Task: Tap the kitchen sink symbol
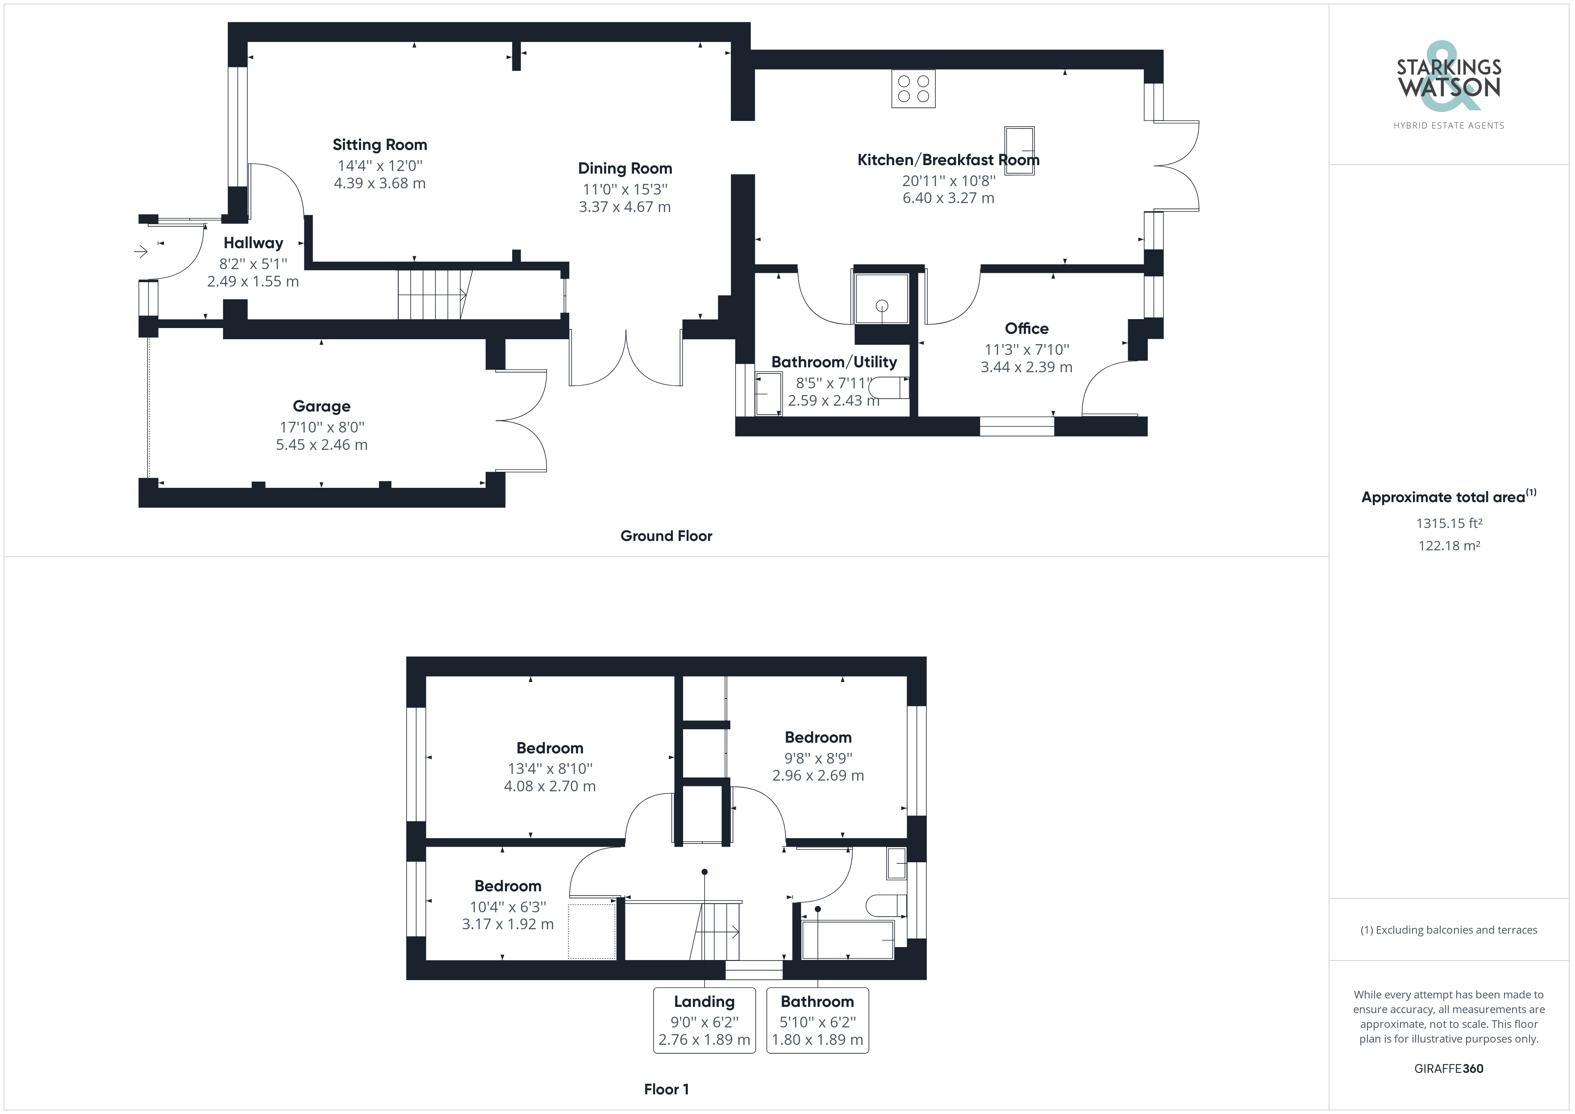[1019, 150]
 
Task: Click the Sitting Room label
[379, 145]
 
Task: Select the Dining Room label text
[625, 168]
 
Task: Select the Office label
[1026, 328]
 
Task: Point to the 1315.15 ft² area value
[1449, 524]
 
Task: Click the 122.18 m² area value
[1449, 546]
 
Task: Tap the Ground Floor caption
[666, 536]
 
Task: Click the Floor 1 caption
[666, 1089]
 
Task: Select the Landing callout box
[704, 1020]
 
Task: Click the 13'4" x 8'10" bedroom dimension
[550, 769]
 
